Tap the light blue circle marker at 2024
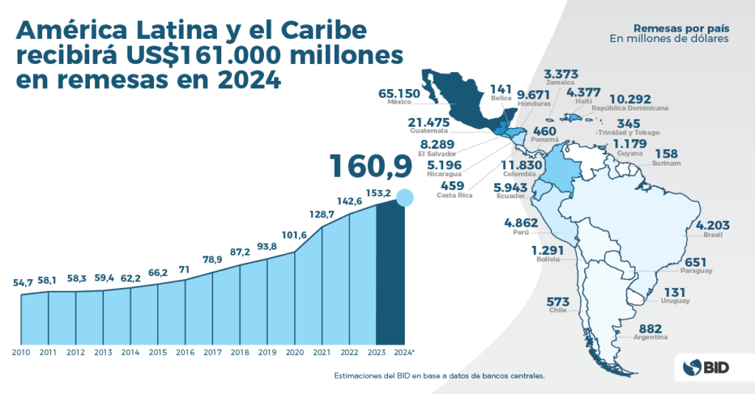[x=404, y=197]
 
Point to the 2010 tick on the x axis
[x=21, y=352]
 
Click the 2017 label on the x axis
[x=212, y=352]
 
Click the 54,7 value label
[x=24, y=283]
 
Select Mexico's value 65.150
[x=399, y=94]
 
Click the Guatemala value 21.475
[x=429, y=122]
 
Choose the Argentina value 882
[x=650, y=328]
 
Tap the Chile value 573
[x=558, y=302]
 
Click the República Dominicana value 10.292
[x=633, y=99]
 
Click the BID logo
[x=705, y=366]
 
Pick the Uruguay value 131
[x=675, y=292]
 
